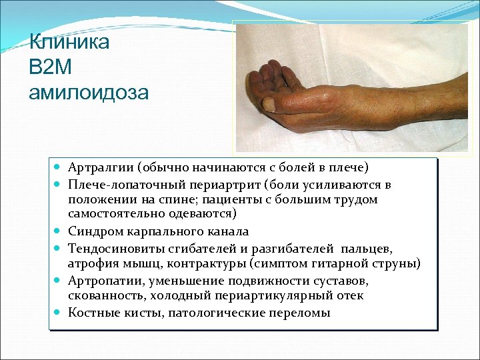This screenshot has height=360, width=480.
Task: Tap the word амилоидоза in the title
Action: (89, 91)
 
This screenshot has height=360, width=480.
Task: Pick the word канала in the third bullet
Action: (229, 231)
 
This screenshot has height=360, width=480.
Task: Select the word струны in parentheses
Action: (395, 264)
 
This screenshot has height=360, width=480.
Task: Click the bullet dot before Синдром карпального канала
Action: (58, 231)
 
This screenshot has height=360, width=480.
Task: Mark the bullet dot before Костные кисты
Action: (58, 313)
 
